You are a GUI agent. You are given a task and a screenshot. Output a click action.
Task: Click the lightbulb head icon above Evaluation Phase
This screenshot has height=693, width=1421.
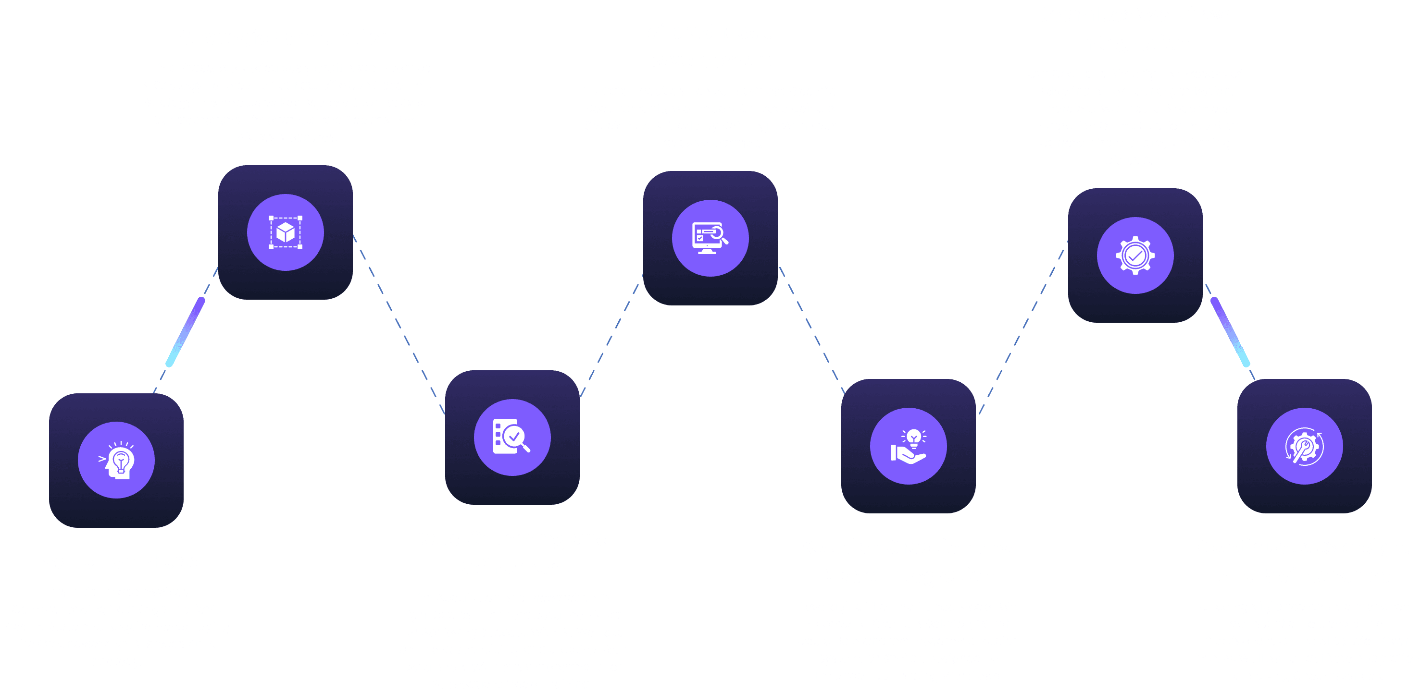pyautogui.click(x=116, y=461)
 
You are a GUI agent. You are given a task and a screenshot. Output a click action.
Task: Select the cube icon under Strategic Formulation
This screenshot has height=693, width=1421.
pyautogui.click(x=285, y=232)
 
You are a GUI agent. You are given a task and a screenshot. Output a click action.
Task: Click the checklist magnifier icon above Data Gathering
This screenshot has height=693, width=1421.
pyautogui.click(x=512, y=437)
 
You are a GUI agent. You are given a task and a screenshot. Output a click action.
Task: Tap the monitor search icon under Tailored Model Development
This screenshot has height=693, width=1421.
pyautogui.click(x=710, y=238)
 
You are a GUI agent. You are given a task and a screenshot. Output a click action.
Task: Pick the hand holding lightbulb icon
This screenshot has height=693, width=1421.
pyautogui.click(x=908, y=446)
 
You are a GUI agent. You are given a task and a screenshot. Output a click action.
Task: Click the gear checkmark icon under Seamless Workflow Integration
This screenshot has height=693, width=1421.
pyautogui.click(x=1134, y=255)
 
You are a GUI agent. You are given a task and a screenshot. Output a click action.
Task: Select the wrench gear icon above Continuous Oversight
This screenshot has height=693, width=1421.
pyautogui.click(x=1304, y=446)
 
